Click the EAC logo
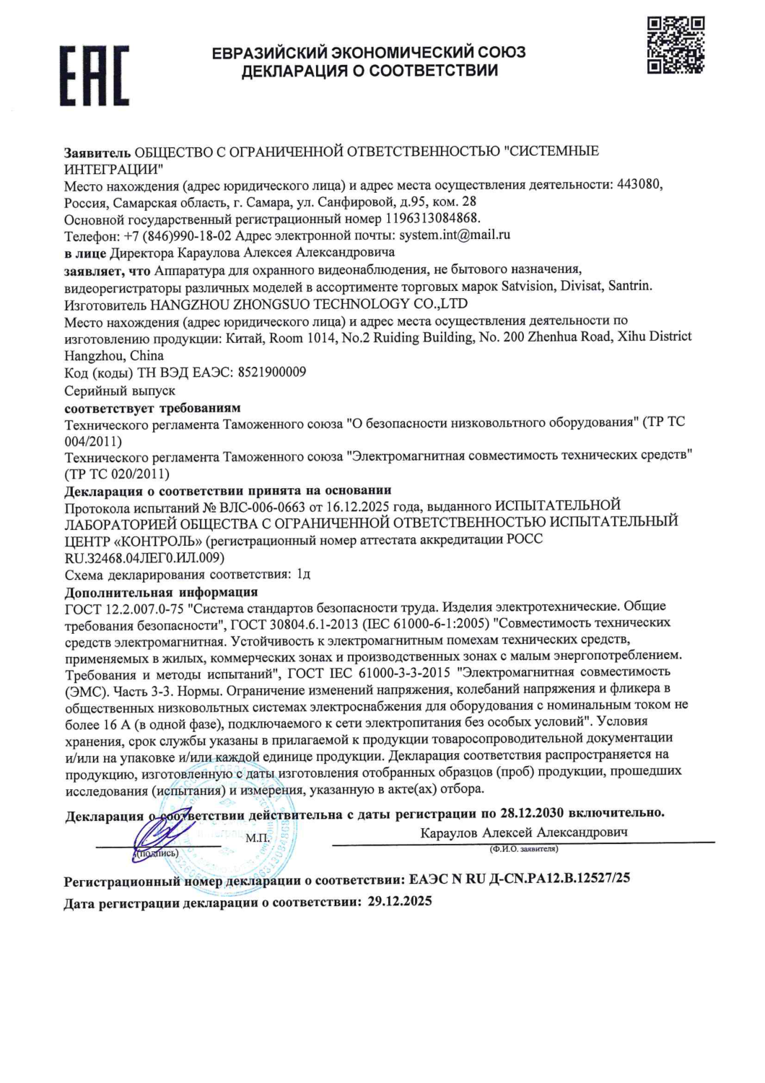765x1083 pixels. coord(95,75)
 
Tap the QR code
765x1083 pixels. coord(676,45)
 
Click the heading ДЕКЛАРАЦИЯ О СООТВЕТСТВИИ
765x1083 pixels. coord(370,71)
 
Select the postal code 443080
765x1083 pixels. coord(639,184)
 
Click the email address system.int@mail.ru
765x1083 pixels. coord(455,235)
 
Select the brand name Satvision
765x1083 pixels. coord(528,286)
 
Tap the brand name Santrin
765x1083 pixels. coord(629,286)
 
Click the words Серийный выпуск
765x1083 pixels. coord(120,391)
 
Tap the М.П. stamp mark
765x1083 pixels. coord(257,838)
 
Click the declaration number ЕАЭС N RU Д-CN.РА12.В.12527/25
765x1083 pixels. coord(519,879)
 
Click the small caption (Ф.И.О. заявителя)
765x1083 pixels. coord(523,849)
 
